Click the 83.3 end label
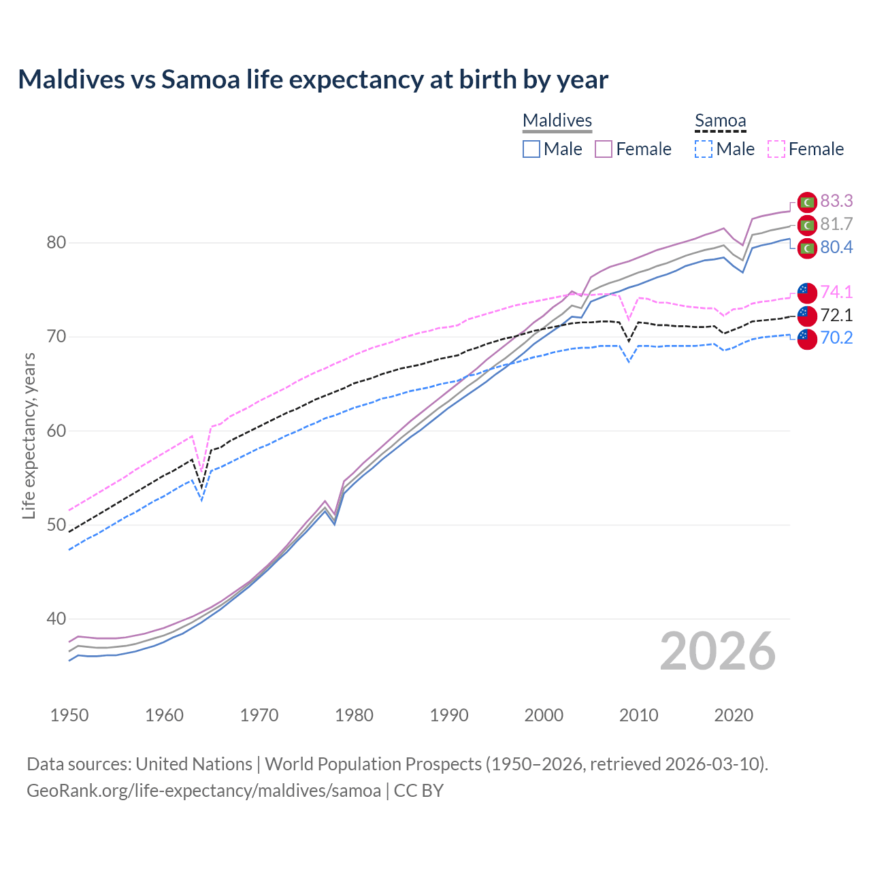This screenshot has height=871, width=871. click(x=836, y=201)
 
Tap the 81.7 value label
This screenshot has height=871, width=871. click(x=836, y=224)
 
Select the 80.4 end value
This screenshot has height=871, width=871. click(x=836, y=247)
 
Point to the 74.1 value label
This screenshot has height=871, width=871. click(x=836, y=292)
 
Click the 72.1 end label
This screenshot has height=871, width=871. click(x=836, y=315)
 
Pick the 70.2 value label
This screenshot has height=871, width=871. click(x=836, y=338)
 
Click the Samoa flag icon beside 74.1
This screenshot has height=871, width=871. click(x=807, y=293)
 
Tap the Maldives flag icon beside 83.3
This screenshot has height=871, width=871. click(x=807, y=202)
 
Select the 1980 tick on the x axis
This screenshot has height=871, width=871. click(x=354, y=715)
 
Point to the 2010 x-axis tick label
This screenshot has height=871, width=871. click(x=638, y=715)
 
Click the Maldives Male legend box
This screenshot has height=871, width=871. click(x=531, y=149)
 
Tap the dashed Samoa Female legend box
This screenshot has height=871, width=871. click(x=776, y=149)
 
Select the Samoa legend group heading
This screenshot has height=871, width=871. click(x=721, y=120)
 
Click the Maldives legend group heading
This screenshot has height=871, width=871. click(x=557, y=120)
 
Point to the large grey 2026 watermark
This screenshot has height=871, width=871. click(x=718, y=651)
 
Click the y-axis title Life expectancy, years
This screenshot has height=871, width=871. click(x=29, y=435)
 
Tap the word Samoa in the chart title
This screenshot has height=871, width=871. click(x=201, y=80)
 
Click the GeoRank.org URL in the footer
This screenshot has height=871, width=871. click(x=203, y=791)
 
